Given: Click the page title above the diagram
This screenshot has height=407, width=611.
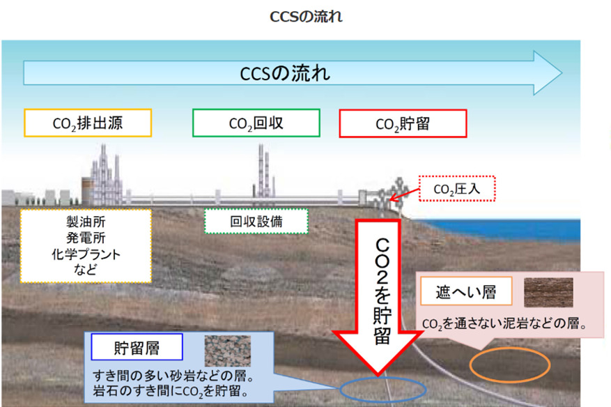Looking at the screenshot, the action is click(x=306, y=16).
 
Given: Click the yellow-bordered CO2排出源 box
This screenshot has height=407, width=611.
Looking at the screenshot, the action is click(x=88, y=123).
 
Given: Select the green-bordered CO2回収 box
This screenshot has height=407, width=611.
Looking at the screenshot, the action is click(x=256, y=123).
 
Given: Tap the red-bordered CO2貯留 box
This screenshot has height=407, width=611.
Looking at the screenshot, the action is click(x=403, y=123).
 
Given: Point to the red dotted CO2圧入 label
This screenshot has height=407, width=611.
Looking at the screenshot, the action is click(x=457, y=189).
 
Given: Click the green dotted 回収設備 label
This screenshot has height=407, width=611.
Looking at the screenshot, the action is click(x=256, y=222).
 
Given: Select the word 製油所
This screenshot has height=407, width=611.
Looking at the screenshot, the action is click(x=86, y=222).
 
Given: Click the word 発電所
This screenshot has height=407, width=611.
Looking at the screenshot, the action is click(x=86, y=238).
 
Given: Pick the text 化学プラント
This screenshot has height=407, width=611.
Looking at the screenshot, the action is click(x=86, y=254).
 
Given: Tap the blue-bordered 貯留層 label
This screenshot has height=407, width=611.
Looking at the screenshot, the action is click(x=137, y=347).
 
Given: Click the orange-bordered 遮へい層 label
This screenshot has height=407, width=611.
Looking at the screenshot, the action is click(x=466, y=291).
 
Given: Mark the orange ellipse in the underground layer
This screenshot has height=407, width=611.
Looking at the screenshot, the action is click(x=510, y=348).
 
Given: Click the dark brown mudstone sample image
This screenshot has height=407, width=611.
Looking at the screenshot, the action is click(x=548, y=293).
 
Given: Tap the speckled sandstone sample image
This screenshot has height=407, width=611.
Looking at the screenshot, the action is click(x=228, y=351).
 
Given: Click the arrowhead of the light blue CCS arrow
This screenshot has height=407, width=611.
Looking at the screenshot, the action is click(x=548, y=73).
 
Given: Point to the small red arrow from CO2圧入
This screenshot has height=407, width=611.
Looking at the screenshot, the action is click(x=405, y=194).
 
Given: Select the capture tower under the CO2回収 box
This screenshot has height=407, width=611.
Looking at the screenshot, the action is click(x=264, y=171).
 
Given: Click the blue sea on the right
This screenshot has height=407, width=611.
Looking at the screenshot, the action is click(x=503, y=229).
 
